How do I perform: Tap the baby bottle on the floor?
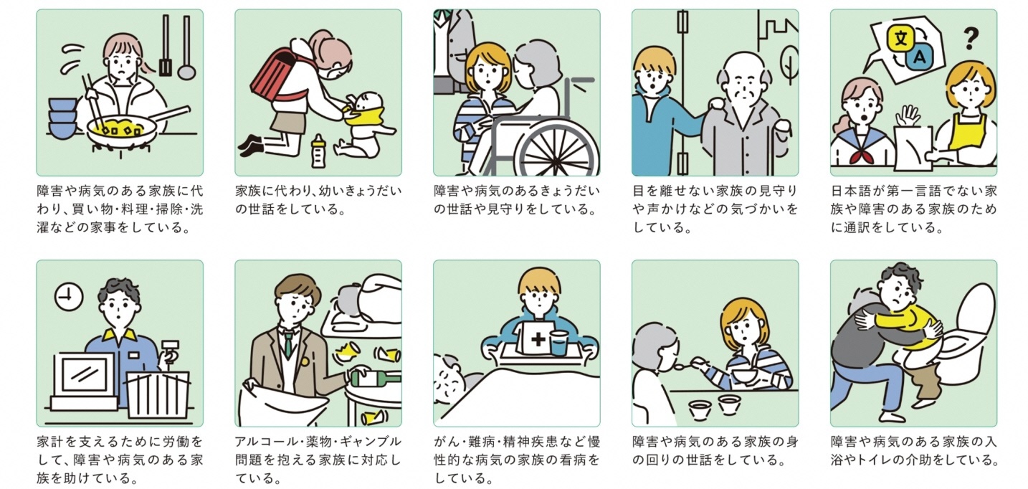318,151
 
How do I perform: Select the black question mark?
971,39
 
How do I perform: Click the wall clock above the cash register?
69,297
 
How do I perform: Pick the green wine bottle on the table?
376,377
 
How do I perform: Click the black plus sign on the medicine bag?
538,339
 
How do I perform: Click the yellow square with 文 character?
901,38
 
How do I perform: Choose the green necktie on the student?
287,345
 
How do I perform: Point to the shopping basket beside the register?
158,394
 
